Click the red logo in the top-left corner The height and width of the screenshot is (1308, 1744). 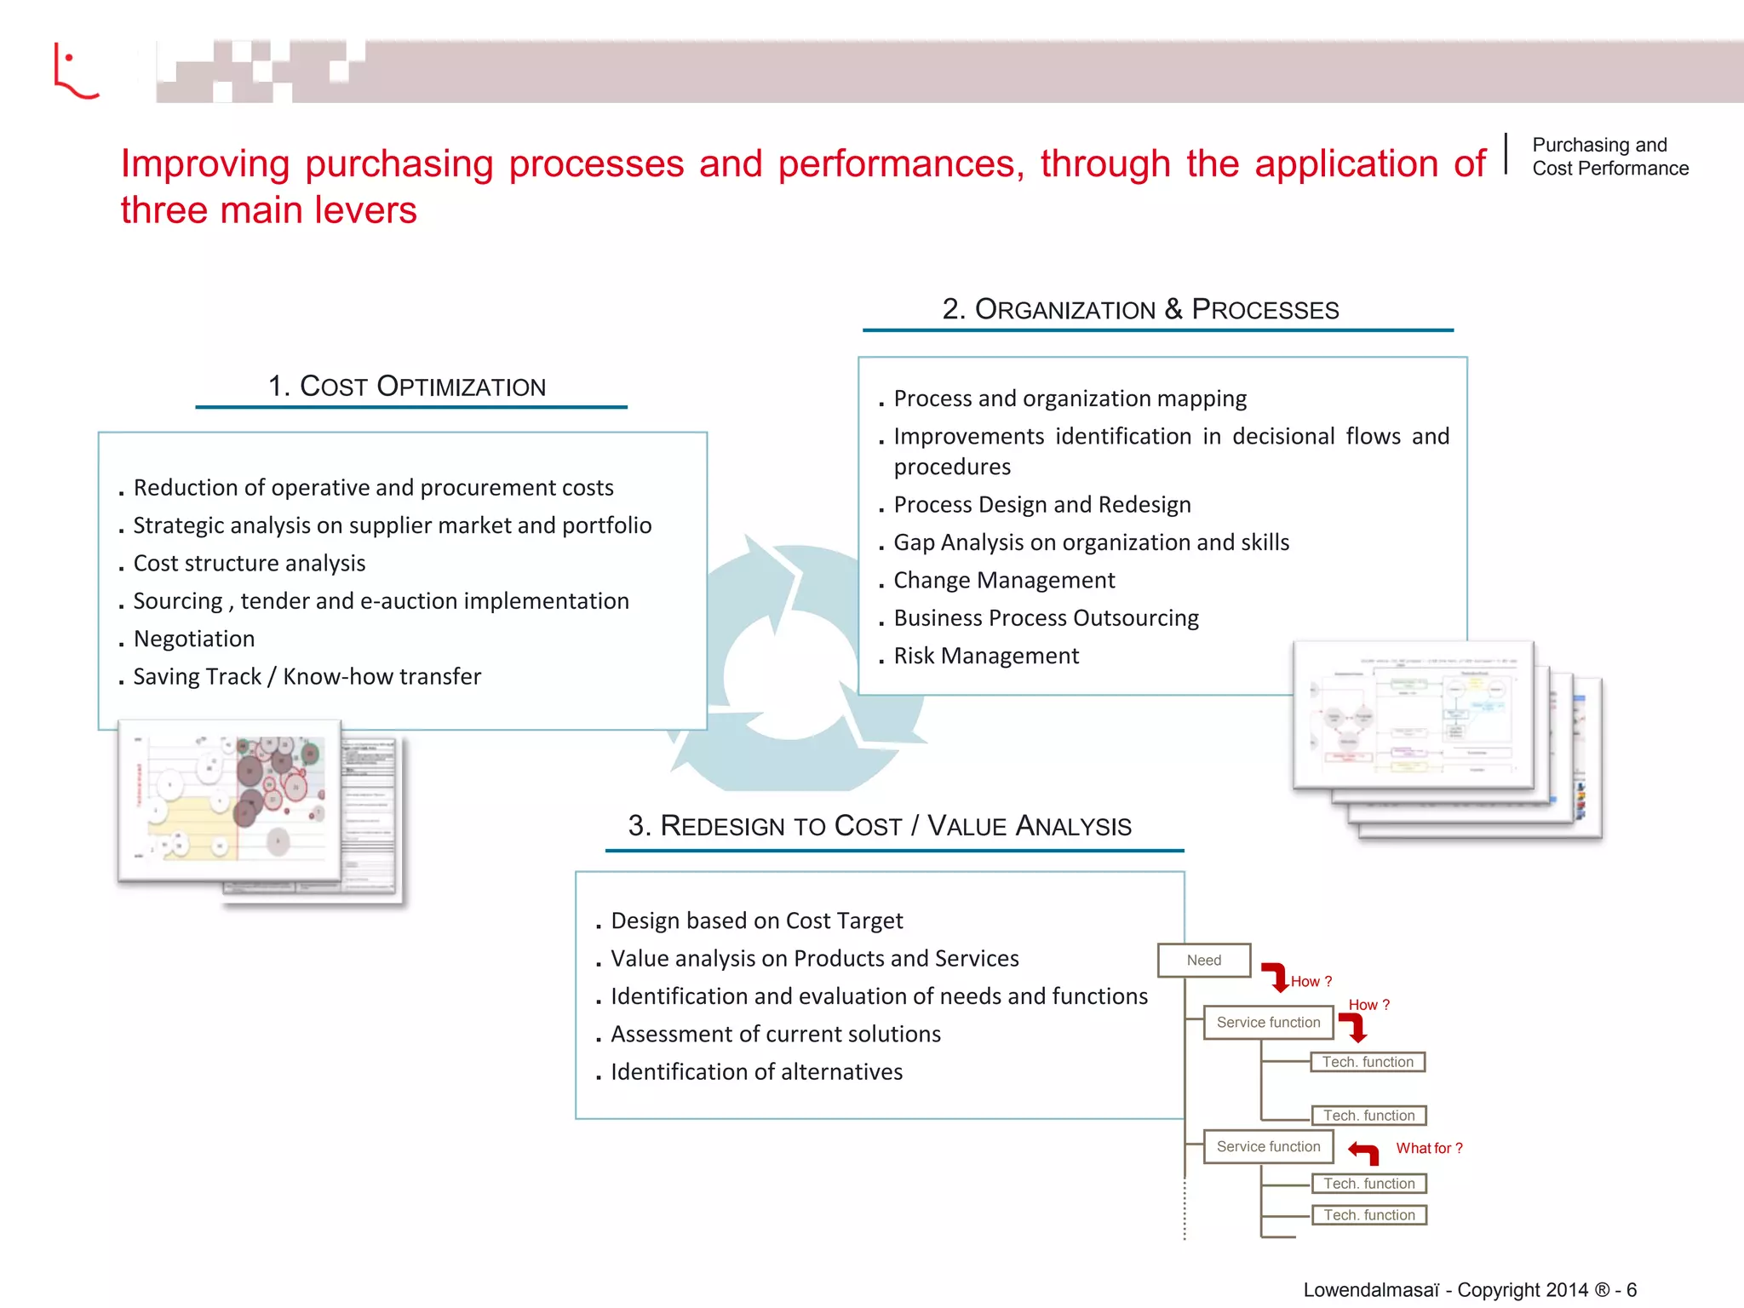point(75,72)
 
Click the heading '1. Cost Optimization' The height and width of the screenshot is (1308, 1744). point(407,386)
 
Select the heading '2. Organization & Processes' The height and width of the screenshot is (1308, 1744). point(1140,309)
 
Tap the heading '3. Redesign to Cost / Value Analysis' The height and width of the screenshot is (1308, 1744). point(880,825)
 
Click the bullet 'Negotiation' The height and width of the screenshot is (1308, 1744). point(194,639)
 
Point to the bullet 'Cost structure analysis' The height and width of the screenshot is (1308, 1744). point(250,563)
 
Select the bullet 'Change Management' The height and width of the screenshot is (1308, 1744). point(1004,580)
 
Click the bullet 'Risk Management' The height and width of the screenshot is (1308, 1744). point(986,656)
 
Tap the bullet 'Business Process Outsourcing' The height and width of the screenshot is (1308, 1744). point(1046,617)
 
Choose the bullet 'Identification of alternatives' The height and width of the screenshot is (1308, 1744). point(756,1071)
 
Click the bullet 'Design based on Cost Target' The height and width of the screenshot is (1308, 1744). point(756,921)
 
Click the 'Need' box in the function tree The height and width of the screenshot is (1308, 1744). point(1204,960)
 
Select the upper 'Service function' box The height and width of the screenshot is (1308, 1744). point(1268,1022)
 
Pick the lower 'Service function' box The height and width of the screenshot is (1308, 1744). point(1268,1146)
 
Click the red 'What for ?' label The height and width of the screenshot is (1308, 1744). point(1429,1148)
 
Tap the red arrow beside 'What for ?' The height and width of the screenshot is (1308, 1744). point(1364,1153)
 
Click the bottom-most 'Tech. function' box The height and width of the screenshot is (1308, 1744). point(1368,1215)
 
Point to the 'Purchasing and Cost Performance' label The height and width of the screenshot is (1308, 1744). point(1609,157)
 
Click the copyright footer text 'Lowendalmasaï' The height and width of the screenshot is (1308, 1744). point(1371,1289)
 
